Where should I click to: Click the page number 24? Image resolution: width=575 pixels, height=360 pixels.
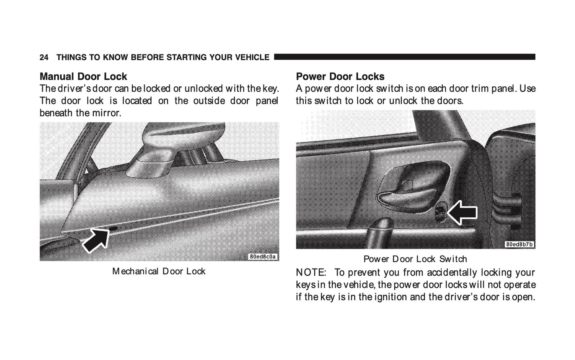[44, 57]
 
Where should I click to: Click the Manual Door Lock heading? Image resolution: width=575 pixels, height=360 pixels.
[83, 76]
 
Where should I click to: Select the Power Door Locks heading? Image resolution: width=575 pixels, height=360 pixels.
[340, 76]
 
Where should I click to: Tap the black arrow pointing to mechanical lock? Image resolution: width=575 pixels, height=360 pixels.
[96, 240]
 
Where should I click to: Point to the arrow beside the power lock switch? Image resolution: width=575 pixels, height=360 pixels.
[462, 213]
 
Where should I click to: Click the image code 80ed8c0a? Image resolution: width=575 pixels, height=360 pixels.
[263, 257]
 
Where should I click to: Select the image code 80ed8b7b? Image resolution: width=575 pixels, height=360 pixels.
[519, 244]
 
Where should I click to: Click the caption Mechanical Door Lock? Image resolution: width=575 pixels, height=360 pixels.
[159, 271]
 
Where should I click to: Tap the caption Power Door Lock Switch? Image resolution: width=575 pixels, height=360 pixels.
[415, 259]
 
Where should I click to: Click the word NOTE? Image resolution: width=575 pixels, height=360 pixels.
[311, 272]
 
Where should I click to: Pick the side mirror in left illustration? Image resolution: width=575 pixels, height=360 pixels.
[180, 149]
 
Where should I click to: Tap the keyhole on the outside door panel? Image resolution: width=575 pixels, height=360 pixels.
[113, 229]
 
